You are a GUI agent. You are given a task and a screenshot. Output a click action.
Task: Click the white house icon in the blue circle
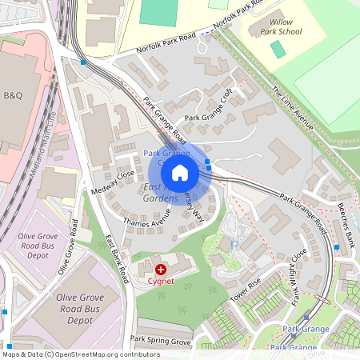180,172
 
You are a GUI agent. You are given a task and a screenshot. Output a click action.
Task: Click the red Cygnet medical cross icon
161,270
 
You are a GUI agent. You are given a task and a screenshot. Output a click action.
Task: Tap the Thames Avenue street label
146,217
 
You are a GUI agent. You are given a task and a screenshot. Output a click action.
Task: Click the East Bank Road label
117,259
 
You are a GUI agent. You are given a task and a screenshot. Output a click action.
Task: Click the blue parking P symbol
234,242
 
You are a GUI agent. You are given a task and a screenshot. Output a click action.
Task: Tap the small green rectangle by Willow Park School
278,49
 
